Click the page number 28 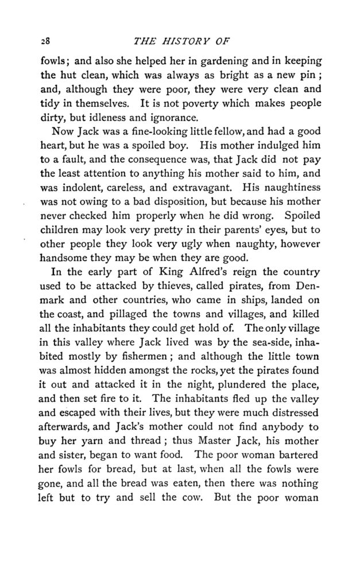38,42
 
